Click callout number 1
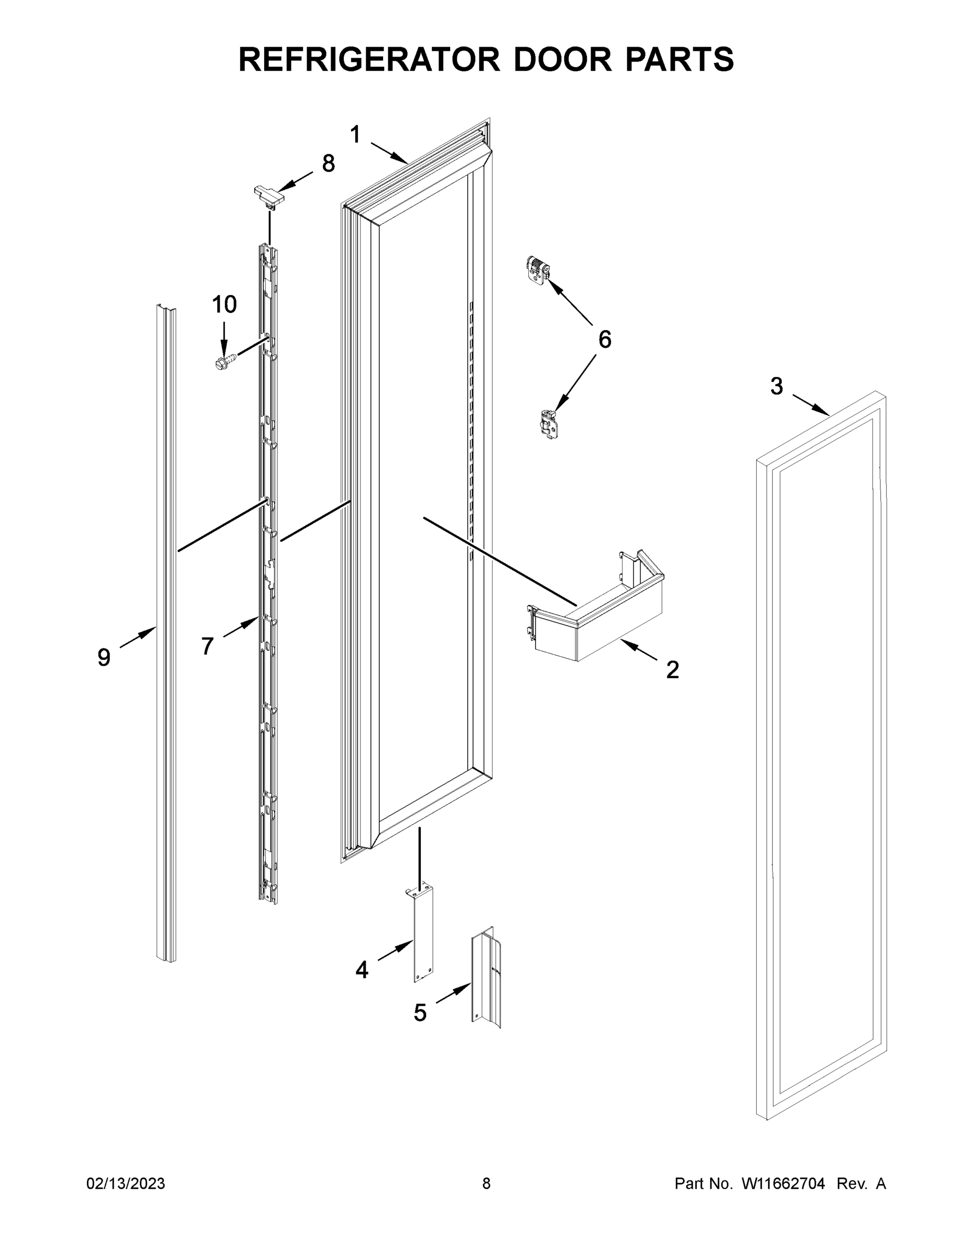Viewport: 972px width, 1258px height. pyautogui.click(x=355, y=135)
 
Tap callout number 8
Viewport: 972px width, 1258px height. pyautogui.click(x=328, y=164)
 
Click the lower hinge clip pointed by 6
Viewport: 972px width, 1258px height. pyautogui.click(x=549, y=425)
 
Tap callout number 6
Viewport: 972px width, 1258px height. pyautogui.click(x=605, y=340)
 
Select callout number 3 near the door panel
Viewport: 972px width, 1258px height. pyautogui.click(x=777, y=386)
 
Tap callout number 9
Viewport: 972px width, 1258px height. pyautogui.click(x=104, y=657)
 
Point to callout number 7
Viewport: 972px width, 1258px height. pyautogui.click(x=208, y=646)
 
